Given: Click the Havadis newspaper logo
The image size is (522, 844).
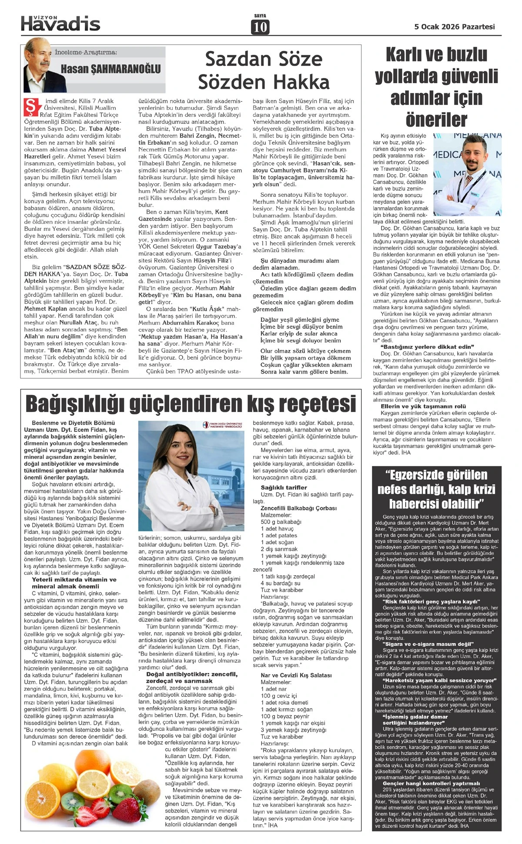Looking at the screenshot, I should [x=60, y=23].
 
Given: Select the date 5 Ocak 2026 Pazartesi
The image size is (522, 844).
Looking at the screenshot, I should [x=455, y=27].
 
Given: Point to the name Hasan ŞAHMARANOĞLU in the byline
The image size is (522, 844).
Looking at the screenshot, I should [x=110, y=69].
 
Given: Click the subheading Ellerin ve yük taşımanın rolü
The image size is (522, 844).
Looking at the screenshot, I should [x=423, y=406].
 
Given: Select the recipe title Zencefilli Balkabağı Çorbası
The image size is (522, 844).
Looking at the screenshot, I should [x=298, y=508].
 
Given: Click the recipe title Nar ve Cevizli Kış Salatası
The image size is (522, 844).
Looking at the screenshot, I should [x=296, y=675].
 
